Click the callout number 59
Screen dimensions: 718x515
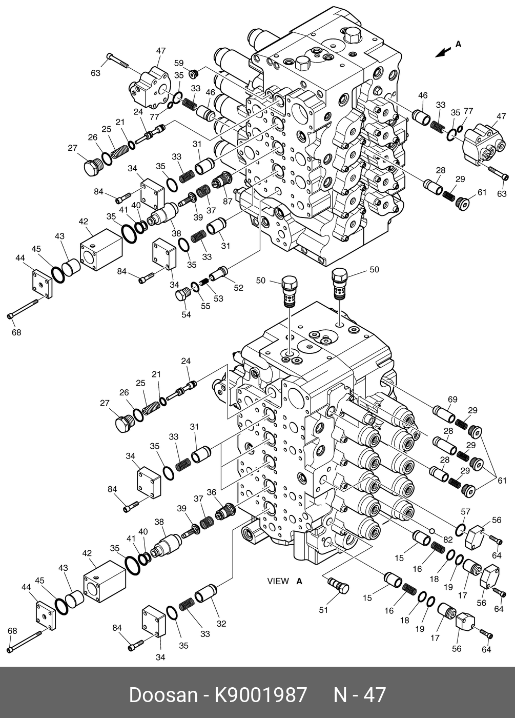[x=178, y=64]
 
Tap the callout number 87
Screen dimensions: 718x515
[x=228, y=201]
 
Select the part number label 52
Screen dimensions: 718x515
[x=239, y=288]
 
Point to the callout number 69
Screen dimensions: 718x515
[x=452, y=399]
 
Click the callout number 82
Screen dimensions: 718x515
[x=448, y=540]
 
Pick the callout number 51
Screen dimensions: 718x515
[x=323, y=610]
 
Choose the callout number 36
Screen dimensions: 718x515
[x=212, y=492]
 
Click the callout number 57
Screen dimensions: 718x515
[x=465, y=511]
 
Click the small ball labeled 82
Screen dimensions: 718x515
[x=432, y=530]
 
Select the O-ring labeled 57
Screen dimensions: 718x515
[x=461, y=529]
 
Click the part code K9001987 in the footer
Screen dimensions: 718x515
[x=260, y=695]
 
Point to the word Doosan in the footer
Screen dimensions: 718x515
[x=162, y=695]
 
